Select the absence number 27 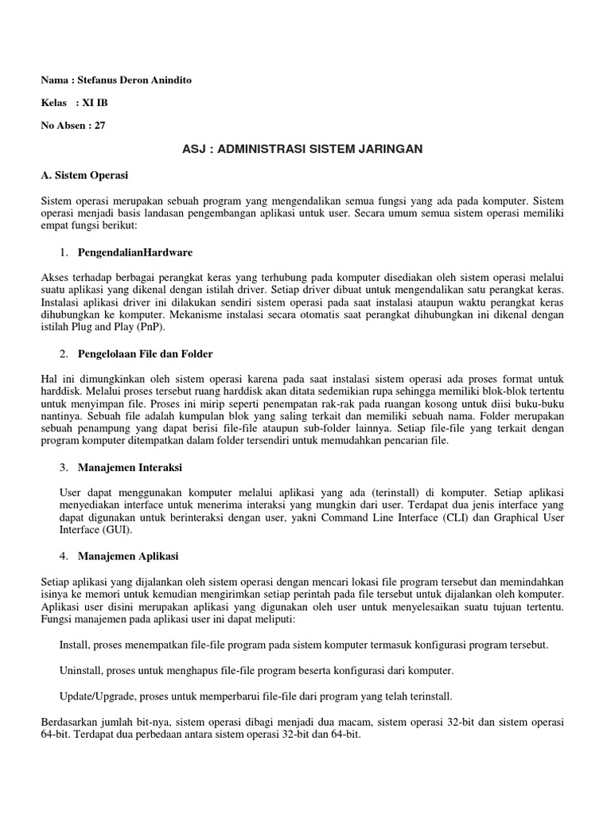[99, 125]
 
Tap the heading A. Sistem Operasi [84, 174]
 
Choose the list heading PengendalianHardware [135, 252]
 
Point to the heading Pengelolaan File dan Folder [146, 353]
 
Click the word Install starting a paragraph [74, 643]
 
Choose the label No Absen [63, 125]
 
